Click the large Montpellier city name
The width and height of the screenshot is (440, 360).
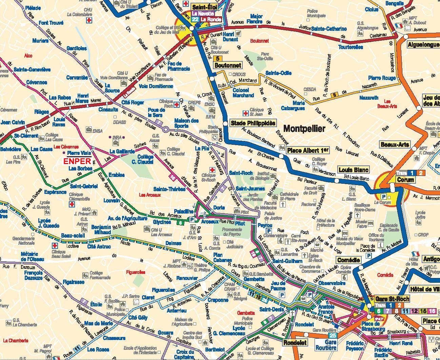304,128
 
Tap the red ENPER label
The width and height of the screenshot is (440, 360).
78,161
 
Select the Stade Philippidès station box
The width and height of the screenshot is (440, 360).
253,123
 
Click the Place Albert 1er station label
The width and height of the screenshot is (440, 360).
308,150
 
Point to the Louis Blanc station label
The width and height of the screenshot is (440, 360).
353,170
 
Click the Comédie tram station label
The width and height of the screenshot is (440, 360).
348,260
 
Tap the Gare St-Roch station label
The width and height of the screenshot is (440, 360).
392,299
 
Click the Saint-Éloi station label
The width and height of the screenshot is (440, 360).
204,7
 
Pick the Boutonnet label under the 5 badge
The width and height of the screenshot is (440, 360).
227,65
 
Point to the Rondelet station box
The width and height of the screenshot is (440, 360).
295,342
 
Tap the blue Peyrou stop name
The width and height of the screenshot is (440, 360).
265,225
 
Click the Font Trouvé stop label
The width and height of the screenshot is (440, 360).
51,23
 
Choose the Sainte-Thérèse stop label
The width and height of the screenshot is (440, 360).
169,189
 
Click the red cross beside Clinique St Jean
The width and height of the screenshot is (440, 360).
245,113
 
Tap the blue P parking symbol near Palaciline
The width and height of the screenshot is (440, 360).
192,219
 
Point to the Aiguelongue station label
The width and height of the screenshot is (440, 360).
423,45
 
